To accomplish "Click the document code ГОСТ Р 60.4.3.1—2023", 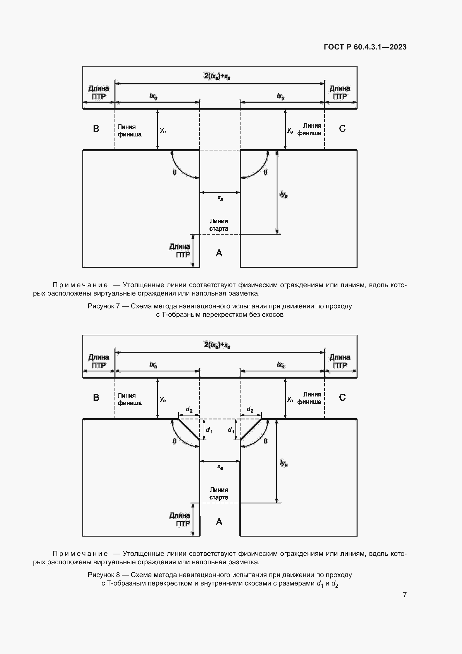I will tap(365, 47).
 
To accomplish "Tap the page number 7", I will tap(404, 595).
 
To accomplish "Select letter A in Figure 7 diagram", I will tap(219, 253).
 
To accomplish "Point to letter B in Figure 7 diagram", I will tap(96, 129).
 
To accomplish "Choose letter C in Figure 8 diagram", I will tap(342, 397).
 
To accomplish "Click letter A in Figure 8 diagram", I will tap(219, 522).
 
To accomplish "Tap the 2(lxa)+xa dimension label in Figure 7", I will tap(217, 76).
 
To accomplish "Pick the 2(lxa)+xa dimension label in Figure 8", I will tap(217, 345).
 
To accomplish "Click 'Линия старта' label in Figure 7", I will tap(218, 225).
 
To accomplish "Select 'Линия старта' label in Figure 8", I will tap(218, 494).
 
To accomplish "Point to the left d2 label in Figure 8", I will tap(189, 410).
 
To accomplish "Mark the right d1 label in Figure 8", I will tap(231, 430).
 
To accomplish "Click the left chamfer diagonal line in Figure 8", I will tap(189, 429).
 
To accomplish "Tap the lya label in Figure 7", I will tap(284, 195).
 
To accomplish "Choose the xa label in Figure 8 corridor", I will tap(220, 467).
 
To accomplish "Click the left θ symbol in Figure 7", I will tap(174, 172).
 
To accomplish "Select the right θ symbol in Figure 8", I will tap(265, 441).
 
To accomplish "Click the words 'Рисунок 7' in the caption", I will tap(104, 306).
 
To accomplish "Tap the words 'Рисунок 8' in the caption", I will tap(104, 575).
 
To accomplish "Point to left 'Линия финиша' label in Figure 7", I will tap(129, 131).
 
